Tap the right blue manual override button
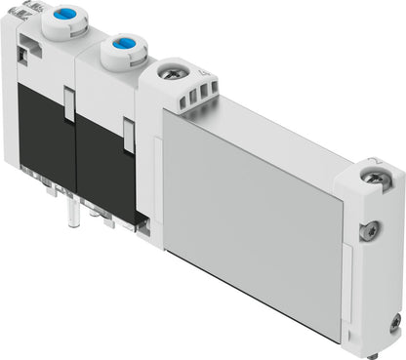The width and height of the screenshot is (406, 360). tap(123, 44)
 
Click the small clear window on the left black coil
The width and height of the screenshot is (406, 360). tap(67, 105)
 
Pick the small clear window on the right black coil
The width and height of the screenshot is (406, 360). tap(128, 136)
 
